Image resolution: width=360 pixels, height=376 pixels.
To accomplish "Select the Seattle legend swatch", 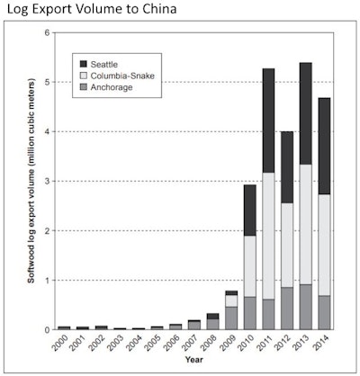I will pyautogui.click(x=85, y=63).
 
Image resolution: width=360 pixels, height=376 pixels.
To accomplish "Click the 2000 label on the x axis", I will pyautogui.click(x=63, y=345).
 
